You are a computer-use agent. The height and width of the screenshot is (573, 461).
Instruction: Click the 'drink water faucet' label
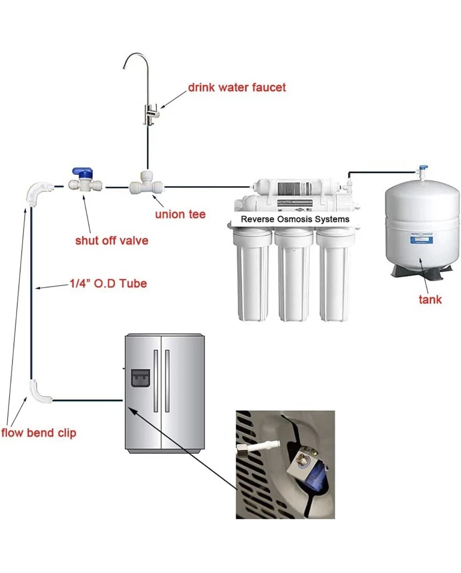click(237, 88)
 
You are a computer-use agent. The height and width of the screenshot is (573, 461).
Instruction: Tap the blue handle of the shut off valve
click(81, 171)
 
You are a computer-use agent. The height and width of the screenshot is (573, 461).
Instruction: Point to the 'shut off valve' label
click(112, 240)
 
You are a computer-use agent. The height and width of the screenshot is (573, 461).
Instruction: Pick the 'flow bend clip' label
click(38, 433)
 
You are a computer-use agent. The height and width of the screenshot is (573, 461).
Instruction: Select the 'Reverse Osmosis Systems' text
click(295, 219)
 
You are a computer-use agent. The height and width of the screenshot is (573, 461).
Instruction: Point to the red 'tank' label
click(430, 299)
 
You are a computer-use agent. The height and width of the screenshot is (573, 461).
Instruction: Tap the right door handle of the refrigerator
click(167, 381)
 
